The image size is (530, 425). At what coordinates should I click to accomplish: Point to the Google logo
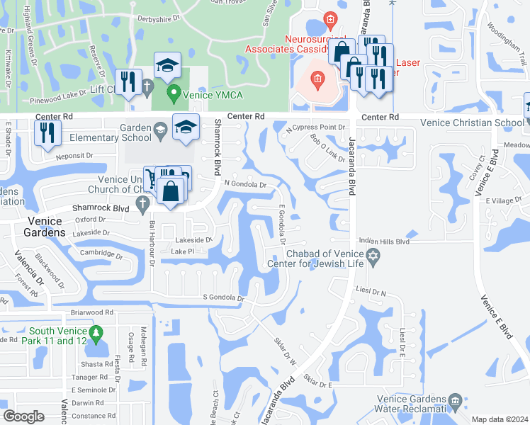23,416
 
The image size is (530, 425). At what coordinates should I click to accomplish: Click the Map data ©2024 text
500,419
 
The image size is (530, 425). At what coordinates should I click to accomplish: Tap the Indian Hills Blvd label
385,241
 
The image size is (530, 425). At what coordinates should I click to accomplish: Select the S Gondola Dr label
223,298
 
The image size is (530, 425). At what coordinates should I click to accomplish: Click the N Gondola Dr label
244,184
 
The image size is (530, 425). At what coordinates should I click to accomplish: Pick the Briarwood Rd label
92,312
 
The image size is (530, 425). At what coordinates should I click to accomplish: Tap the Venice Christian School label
471,122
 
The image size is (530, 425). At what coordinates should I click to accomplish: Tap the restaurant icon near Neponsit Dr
47,132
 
